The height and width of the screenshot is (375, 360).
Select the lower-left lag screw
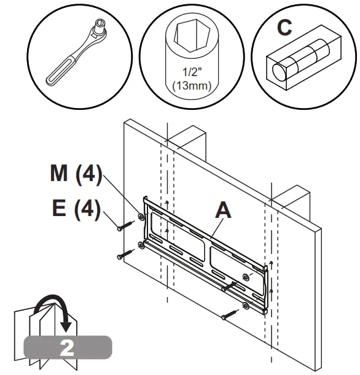[125, 252]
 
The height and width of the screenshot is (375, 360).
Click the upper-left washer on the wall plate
[142, 217]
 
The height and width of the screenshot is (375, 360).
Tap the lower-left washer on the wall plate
[142, 245]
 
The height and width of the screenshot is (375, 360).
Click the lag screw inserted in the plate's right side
[230, 286]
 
